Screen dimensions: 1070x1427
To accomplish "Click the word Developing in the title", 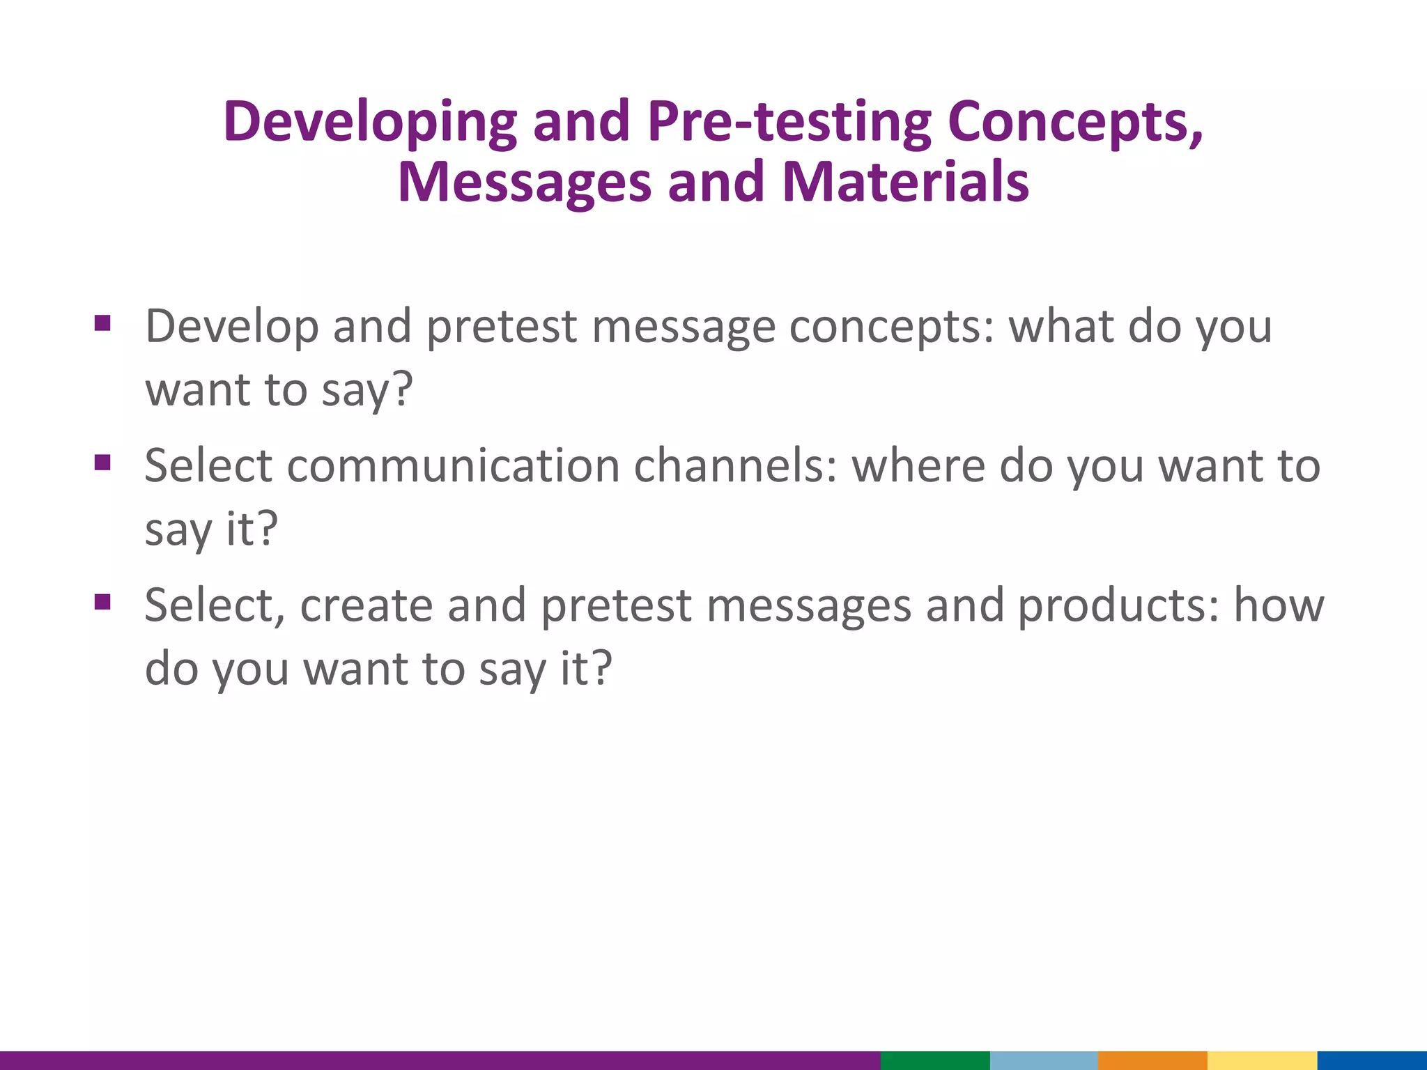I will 369,123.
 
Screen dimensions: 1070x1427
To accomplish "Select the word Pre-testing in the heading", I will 789,121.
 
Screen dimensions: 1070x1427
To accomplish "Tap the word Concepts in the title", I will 1074,123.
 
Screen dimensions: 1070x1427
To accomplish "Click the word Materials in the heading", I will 905,183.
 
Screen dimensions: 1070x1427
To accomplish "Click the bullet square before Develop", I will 102,323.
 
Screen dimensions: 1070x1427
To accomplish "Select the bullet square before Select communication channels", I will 102,463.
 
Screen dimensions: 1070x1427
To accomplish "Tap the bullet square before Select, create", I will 102,602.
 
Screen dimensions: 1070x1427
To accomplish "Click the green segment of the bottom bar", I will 935,1060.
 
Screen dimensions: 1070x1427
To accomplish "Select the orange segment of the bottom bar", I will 1152,1060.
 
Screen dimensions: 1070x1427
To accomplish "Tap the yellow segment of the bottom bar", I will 1262,1060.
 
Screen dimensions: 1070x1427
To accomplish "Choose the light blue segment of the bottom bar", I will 1044,1060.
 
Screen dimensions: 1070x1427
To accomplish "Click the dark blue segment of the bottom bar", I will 1372,1060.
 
